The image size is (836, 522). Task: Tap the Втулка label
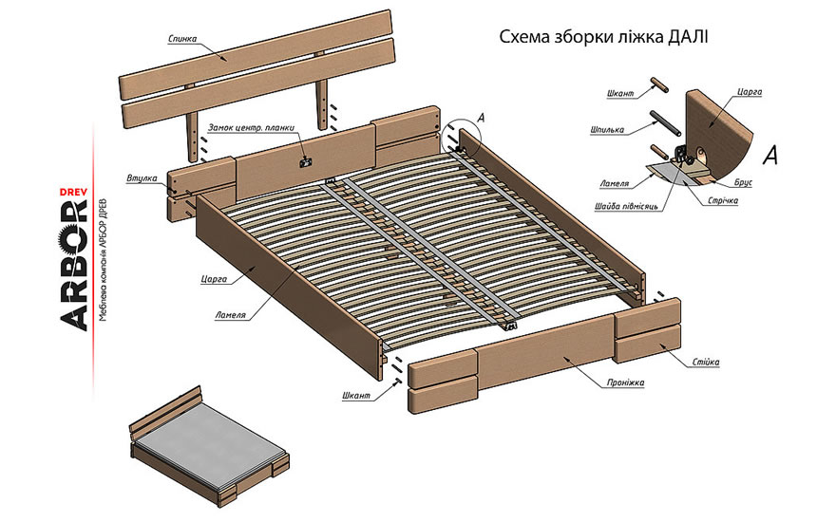[x=142, y=178]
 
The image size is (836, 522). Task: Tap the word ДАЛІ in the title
[x=683, y=37]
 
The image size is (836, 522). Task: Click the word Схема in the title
[x=523, y=37]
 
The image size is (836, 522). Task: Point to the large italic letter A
[x=770, y=154]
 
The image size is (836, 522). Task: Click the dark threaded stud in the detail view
[x=663, y=122]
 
